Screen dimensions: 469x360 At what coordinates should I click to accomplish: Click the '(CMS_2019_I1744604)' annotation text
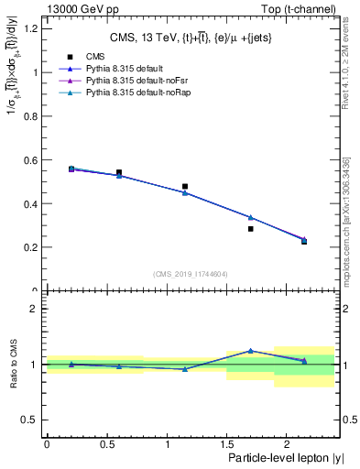tap(191, 274)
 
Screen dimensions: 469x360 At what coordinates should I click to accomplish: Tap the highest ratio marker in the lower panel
tap(250, 350)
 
